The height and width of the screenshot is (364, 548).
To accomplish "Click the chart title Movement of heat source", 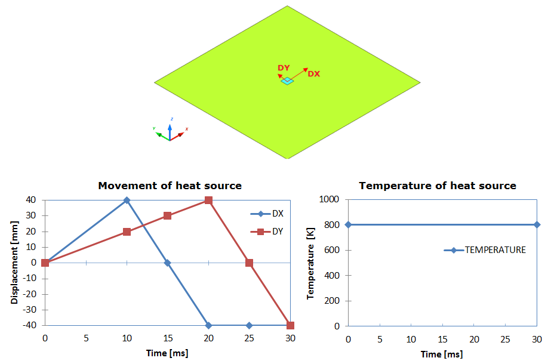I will pyautogui.click(x=170, y=186).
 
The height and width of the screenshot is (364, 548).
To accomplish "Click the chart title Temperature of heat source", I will pyautogui.click(x=438, y=186).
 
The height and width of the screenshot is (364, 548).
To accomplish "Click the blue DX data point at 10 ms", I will pyautogui.click(x=127, y=200).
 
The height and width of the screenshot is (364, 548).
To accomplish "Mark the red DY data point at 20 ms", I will pyautogui.click(x=208, y=200).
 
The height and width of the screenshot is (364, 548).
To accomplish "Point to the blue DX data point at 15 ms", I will pyautogui.click(x=168, y=263).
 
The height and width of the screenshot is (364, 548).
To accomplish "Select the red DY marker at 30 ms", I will pyautogui.click(x=290, y=325).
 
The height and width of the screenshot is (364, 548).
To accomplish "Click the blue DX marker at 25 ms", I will pyautogui.click(x=250, y=325).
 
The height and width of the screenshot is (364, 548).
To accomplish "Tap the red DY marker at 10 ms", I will pyautogui.click(x=127, y=232).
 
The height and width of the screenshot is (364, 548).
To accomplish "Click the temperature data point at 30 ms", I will pyautogui.click(x=537, y=225).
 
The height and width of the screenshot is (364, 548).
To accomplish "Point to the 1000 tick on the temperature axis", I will pyautogui.click(x=331, y=199).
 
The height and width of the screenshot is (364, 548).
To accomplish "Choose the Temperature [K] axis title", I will pyautogui.click(x=310, y=263).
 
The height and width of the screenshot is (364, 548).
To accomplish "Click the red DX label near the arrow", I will pyautogui.click(x=313, y=74).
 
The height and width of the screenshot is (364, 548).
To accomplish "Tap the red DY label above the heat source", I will pyautogui.click(x=284, y=68).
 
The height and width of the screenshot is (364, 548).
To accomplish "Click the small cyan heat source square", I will pyautogui.click(x=288, y=81).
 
